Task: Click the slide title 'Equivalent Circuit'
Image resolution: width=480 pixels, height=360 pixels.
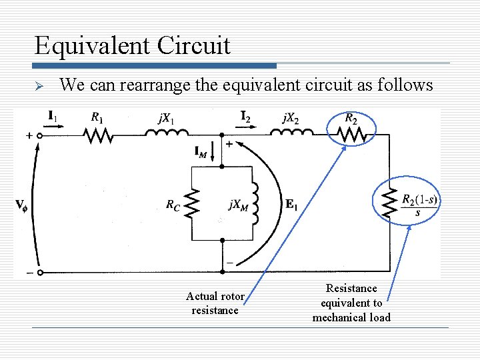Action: (133, 45)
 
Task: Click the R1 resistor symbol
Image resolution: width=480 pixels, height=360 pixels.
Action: (98, 136)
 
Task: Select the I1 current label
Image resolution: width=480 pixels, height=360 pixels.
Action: (53, 116)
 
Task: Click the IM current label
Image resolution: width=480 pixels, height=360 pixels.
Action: (201, 153)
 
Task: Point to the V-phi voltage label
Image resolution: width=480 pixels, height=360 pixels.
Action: (21, 205)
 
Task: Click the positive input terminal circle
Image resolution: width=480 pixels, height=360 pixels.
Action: (39, 136)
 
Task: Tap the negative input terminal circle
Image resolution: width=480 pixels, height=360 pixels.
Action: (39, 272)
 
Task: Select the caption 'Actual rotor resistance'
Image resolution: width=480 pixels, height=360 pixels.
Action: (215, 303)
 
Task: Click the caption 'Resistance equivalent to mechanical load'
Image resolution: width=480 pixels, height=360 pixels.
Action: (351, 303)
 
